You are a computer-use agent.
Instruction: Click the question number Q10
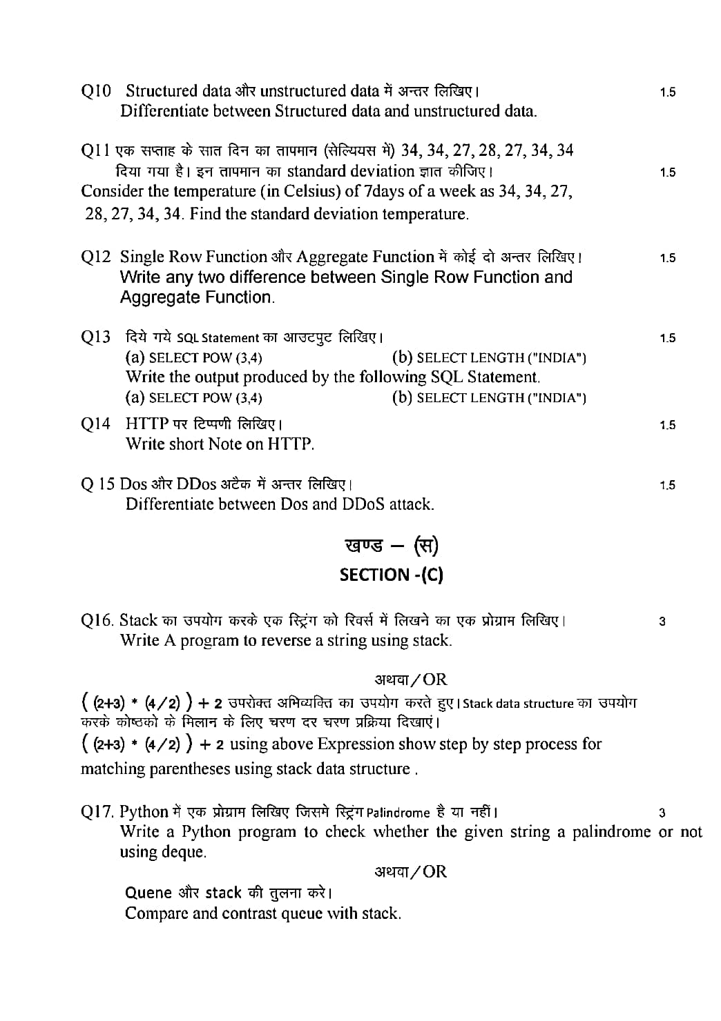[95, 91]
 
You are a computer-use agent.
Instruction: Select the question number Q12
[95, 257]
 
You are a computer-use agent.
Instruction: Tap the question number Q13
[95, 337]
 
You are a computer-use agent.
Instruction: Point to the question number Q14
[95, 424]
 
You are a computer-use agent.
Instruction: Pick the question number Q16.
[97, 620]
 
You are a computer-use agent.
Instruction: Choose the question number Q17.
[97, 812]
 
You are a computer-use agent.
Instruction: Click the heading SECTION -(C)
[391, 575]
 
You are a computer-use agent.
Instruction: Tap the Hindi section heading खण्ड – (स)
[391, 546]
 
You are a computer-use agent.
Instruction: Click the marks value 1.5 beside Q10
[667, 92]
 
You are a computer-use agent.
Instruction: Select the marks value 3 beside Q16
[662, 622]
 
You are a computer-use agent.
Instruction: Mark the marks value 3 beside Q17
[662, 813]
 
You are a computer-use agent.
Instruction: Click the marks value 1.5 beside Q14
[667, 426]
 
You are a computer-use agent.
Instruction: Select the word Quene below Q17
[148, 893]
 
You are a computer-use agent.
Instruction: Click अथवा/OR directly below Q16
[411, 680]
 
